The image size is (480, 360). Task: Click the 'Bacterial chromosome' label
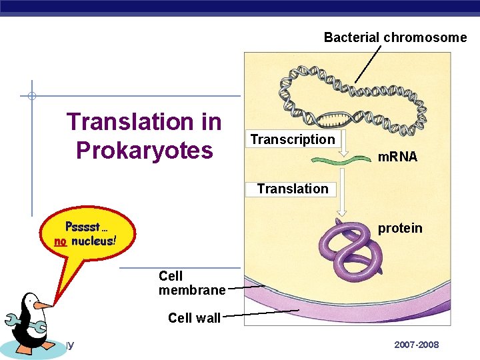[395, 37]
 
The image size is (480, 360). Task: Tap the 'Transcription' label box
[292, 139]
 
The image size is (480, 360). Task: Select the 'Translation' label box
[293, 189]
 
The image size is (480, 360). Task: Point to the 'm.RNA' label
[397, 157]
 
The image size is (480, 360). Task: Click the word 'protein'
[400, 228]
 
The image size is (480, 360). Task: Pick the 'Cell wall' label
[194, 318]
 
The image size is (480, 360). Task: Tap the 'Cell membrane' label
[191, 283]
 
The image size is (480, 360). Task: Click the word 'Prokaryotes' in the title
[144, 151]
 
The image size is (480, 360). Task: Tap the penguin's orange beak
[43, 306]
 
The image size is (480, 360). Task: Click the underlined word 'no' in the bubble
[61, 241]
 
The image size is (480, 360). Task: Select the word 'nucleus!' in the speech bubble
[94, 241]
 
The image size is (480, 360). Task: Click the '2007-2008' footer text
[416, 345]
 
